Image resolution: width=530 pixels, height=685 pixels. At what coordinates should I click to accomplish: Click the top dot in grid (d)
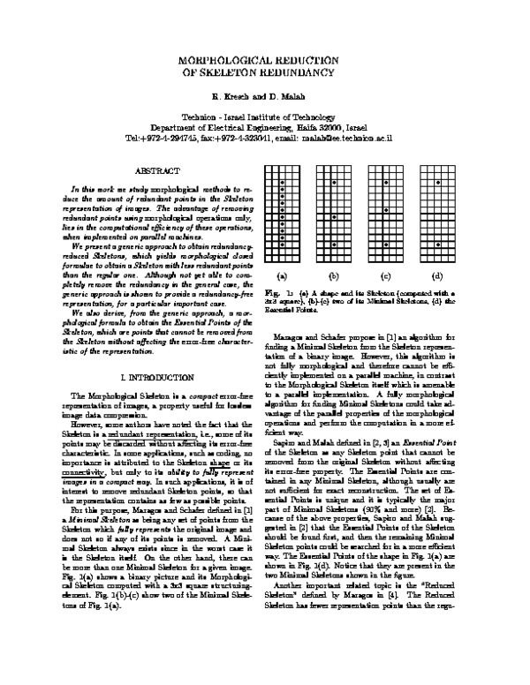pos(438,183)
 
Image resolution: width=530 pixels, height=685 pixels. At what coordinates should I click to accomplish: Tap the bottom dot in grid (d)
pos(438,244)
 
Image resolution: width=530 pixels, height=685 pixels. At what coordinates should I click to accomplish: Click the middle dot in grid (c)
pos(386,210)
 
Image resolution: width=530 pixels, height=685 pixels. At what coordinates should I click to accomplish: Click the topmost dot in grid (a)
pos(282,183)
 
